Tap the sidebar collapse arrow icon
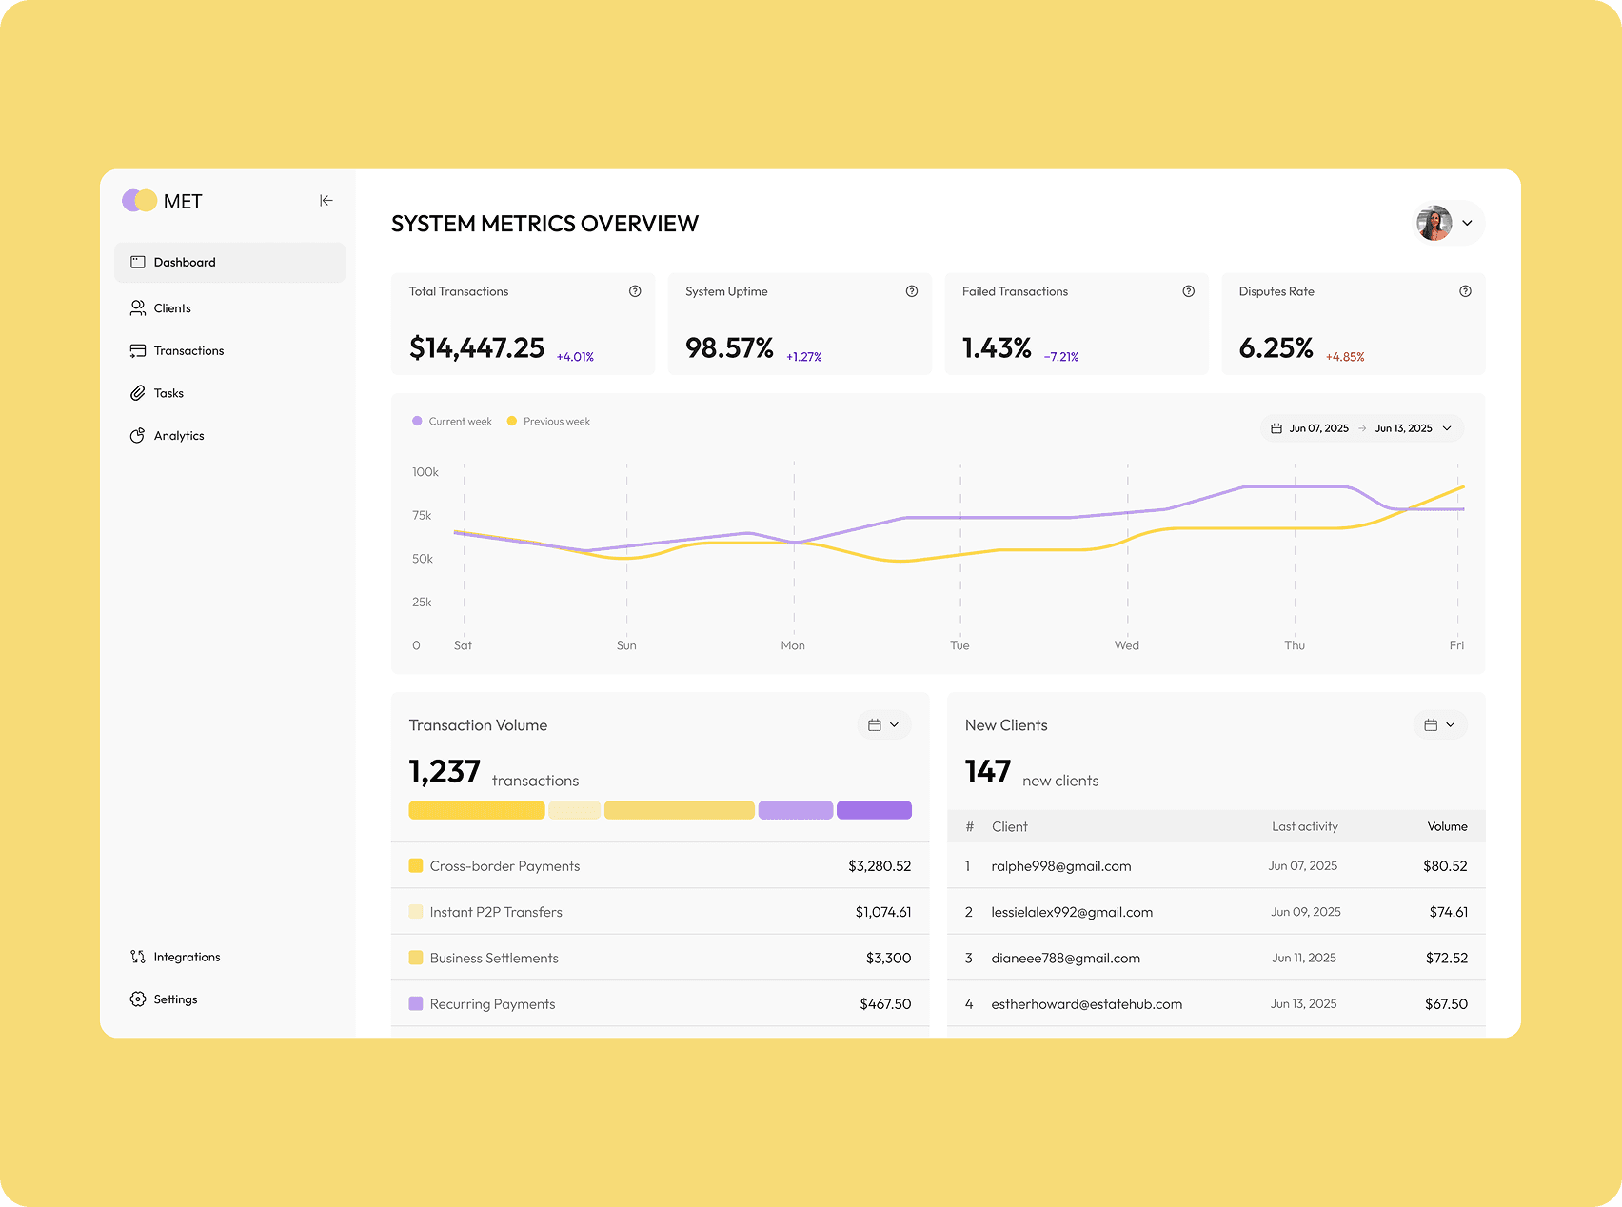[326, 201]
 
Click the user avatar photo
[1434, 223]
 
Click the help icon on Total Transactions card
[635, 291]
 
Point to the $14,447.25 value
[477, 348]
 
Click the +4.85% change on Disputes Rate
[1345, 357]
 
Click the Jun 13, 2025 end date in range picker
[1403, 428]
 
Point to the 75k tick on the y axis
[422, 515]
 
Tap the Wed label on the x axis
[1127, 645]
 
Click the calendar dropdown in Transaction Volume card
[884, 725]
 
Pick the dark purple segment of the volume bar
[874, 810]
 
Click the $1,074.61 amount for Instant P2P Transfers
[883, 912]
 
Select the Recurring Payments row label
[492, 1004]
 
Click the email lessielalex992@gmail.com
[1072, 912]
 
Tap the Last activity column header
[1305, 826]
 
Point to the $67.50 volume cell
[1446, 1004]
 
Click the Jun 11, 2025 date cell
[1304, 958]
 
